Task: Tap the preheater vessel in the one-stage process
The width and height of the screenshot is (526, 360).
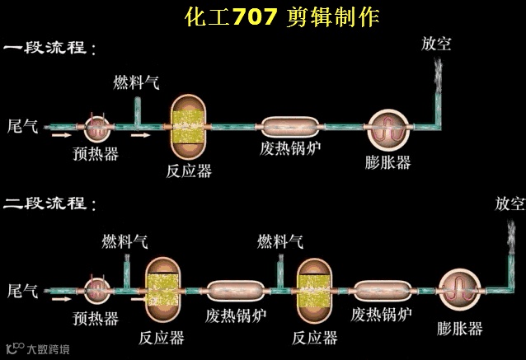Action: click(x=99, y=128)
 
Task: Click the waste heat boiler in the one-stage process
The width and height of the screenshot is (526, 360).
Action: click(x=290, y=127)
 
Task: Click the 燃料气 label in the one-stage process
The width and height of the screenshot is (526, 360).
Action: click(x=136, y=82)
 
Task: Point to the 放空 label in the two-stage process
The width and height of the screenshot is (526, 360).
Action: click(x=509, y=203)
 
